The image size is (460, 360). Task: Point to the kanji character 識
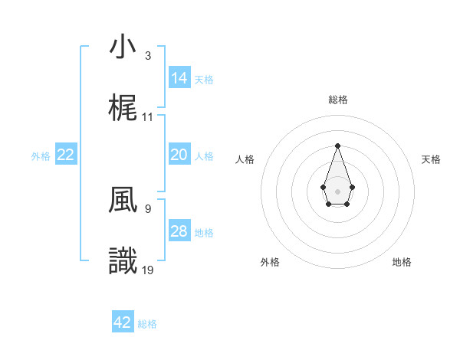123,261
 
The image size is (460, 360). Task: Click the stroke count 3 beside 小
148,56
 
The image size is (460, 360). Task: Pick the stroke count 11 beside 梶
148,117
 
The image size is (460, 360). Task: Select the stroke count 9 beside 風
148,208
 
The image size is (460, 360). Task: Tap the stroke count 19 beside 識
148,270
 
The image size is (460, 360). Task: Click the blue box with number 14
179,77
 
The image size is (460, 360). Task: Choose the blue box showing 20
179,155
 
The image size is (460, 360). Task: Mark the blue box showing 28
179,231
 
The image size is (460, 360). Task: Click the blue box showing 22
66,155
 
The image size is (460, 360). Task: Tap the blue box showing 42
123,322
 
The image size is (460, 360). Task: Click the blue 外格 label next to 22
41,155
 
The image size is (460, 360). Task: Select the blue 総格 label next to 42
147,324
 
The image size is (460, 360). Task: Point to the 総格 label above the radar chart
337,100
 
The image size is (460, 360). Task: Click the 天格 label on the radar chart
432,159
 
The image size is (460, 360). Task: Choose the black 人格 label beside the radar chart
245,159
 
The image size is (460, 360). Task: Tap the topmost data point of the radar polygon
337,146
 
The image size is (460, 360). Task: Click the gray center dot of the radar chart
337,191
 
